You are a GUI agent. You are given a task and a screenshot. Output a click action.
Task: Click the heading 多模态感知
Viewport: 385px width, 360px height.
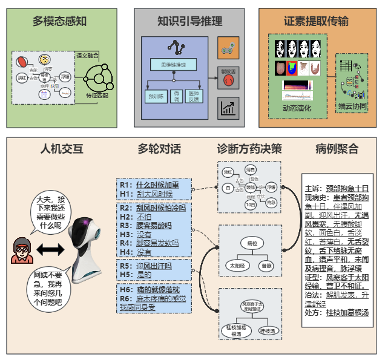pyautogui.click(x=60, y=21)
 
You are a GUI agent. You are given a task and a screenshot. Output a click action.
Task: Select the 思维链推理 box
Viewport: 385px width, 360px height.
pyautogui.click(x=173, y=65)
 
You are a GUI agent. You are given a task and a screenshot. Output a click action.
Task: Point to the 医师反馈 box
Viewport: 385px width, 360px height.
pyautogui.click(x=193, y=95)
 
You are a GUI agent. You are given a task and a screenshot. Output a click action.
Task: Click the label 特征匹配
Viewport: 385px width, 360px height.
pyautogui.click(x=97, y=95)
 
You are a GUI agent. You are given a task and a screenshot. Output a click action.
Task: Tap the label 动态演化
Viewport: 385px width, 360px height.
pyautogui.click(x=297, y=108)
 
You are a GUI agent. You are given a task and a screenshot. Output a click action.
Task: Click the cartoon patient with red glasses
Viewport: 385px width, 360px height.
pyautogui.click(x=23, y=249)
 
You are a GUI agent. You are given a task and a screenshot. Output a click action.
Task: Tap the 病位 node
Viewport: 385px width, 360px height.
pyautogui.click(x=252, y=243)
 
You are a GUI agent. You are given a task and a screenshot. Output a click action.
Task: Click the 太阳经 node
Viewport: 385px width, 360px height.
pyautogui.click(x=235, y=265)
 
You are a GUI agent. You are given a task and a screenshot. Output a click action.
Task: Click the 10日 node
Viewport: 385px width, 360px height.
pyautogui.click(x=249, y=204)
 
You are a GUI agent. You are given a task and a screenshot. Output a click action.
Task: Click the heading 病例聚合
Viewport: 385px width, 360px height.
pyautogui.click(x=337, y=149)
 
